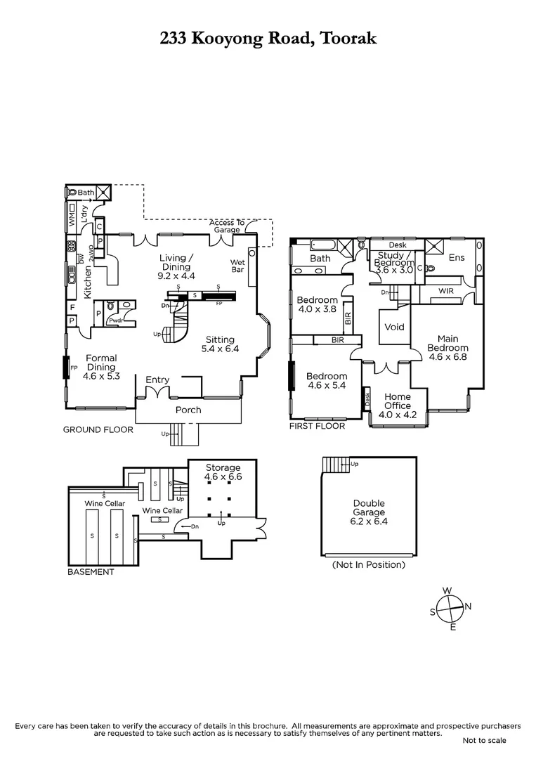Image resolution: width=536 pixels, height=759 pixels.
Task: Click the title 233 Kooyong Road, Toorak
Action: click(x=268, y=38)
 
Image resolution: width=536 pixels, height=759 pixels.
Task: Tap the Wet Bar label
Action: click(x=238, y=266)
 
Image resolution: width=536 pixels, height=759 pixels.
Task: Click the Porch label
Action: click(x=188, y=410)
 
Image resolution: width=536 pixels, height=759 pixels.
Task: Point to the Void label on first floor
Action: click(x=394, y=327)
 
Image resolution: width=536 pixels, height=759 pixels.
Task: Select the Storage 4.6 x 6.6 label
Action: click(x=223, y=472)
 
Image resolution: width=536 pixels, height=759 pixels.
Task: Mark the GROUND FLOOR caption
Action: click(x=98, y=429)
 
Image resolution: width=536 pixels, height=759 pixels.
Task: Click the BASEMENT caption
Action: click(x=91, y=571)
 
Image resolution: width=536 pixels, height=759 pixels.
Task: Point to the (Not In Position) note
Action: click(x=369, y=564)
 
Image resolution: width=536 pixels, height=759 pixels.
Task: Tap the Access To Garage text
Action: click(x=226, y=226)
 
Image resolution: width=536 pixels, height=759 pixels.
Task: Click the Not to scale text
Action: click(x=484, y=740)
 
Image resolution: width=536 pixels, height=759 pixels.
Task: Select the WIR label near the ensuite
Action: click(x=445, y=290)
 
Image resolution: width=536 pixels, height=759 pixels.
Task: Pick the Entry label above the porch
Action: click(x=157, y=379)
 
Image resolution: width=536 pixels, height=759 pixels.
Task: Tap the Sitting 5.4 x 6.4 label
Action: click(x=222, y=343)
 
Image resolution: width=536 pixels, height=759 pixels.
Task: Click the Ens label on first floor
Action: click(x=457, y=258)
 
